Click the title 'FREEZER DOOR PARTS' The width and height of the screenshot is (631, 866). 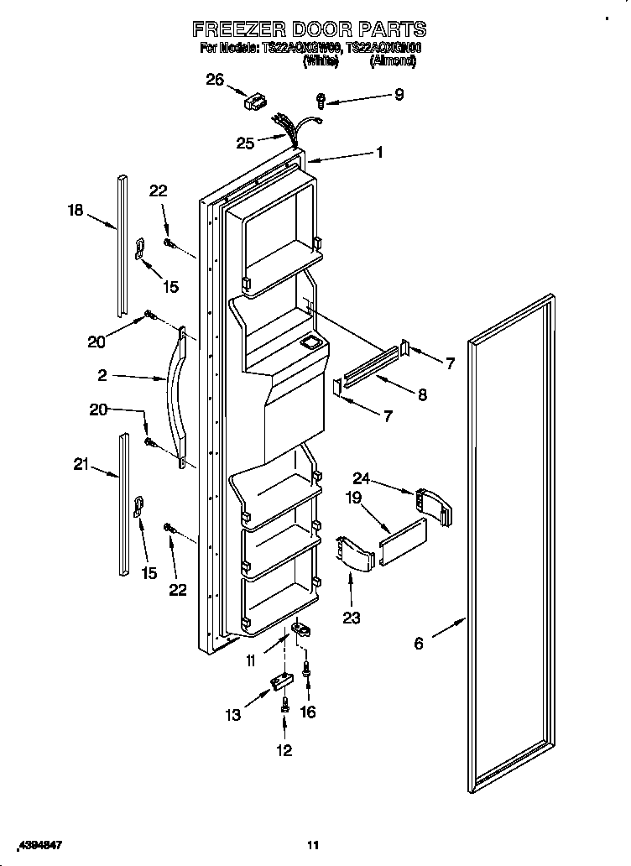310,29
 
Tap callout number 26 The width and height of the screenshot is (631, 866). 216,80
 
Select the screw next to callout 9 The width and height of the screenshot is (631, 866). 321,101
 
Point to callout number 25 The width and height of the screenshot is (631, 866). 245,143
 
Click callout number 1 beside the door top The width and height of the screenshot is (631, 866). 380,153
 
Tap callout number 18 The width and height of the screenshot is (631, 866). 76,210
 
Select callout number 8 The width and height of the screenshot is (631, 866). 421,394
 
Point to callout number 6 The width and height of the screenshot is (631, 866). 419,644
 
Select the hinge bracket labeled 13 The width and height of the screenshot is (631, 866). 278,685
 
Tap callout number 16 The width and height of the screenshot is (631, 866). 308,712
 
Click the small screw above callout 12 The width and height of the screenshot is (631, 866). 284,707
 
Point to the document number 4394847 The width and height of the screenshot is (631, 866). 40,843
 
